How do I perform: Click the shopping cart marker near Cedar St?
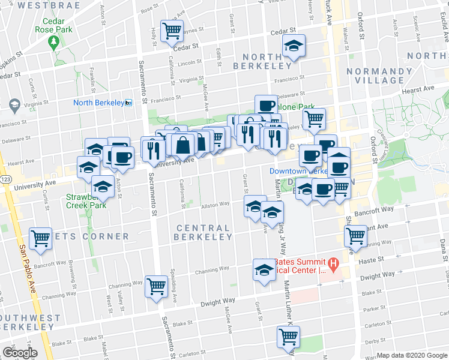(x=172, y=29)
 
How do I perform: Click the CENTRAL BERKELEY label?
(x=203, y=232)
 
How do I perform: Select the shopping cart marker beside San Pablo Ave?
(x=41, y=238)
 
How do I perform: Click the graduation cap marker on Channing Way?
(x=264, y=269)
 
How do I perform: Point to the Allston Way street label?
(x=215, y=205)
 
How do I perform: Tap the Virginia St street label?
(x=191, y=79)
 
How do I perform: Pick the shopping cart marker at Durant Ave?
(x=356, y=236)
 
